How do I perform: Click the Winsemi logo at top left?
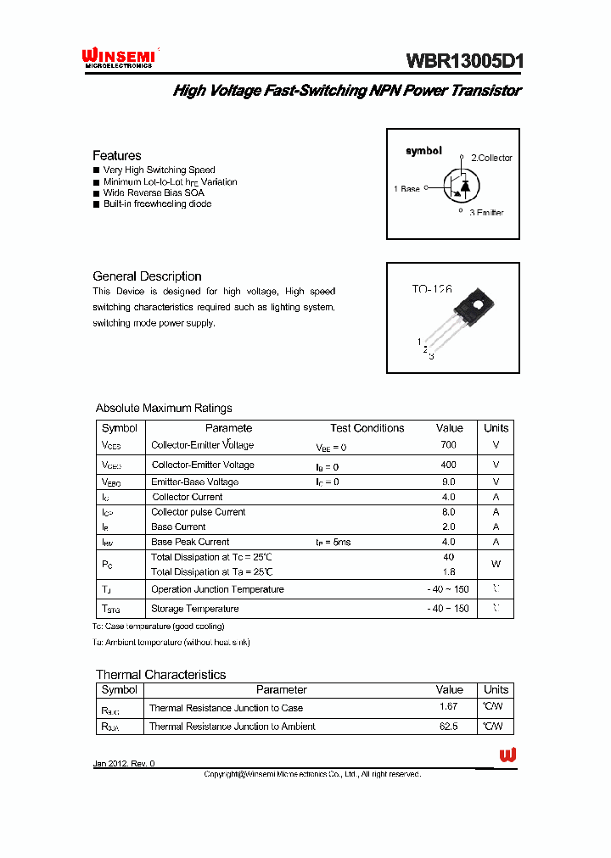[119, 57]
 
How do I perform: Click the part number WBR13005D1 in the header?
[465, 61]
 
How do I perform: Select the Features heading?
[117, 155]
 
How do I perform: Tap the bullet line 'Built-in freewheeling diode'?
[157, 204]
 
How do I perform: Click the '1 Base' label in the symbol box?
[406, 189]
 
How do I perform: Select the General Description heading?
[147, 276]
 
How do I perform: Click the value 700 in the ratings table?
[448, 445]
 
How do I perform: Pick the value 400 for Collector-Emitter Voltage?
[448, 465]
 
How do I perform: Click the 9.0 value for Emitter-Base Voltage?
[448, 482]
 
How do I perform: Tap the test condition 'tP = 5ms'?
[333, 542]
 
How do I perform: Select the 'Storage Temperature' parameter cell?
[194, 609]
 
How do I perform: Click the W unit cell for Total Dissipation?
[496, 564]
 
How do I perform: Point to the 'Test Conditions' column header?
[367, 428]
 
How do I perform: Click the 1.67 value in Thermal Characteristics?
[448, 707]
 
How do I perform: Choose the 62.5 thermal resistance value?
[448, 727]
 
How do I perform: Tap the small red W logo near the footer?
[507, 755]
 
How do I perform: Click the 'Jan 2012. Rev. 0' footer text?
[124, 764]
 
